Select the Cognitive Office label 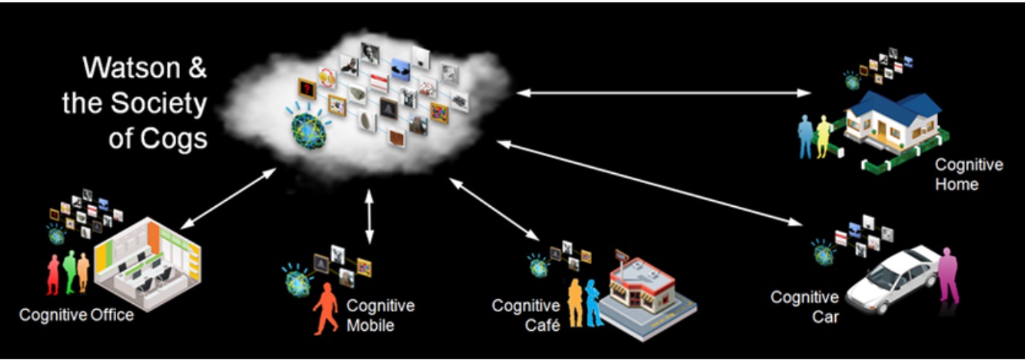tap(76, 315)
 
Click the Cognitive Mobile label tap(380, 315)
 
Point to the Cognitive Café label tap(525, 315)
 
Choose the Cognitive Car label tap(804, 306)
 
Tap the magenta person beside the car tap(950, 276)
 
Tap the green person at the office tap(70, 271)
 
